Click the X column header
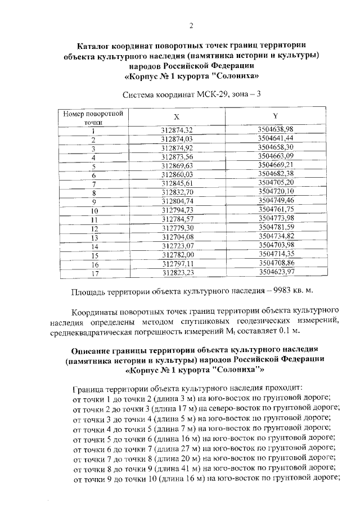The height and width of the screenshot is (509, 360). coord(177,117)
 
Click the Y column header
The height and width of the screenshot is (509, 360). coord(275,116)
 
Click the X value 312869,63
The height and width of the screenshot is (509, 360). coord(177,166)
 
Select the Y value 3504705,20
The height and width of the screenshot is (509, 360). coord(276,183)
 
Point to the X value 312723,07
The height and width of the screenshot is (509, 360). coord(177,246)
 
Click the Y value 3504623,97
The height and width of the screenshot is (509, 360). coord(276,272)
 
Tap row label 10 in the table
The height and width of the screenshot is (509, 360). coord(94,210)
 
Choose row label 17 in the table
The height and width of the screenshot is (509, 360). coord(94,273)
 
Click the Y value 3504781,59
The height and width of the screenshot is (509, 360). coord(276,227)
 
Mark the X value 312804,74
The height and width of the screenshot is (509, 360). coord(177,201)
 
